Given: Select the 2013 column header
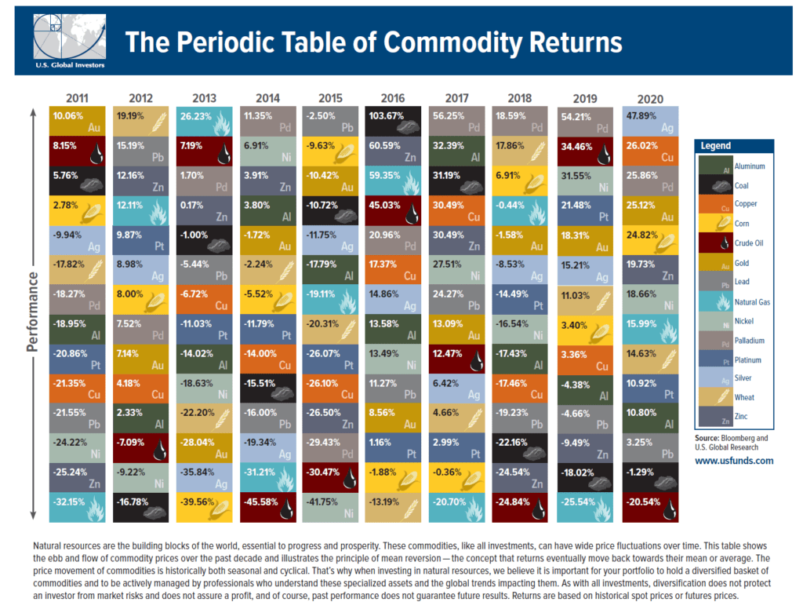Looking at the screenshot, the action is tap(204, 99).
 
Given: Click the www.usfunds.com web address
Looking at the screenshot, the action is tap(734, 461).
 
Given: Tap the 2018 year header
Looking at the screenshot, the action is tap(520, 99).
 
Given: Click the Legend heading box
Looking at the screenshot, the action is tap(734, 146).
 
